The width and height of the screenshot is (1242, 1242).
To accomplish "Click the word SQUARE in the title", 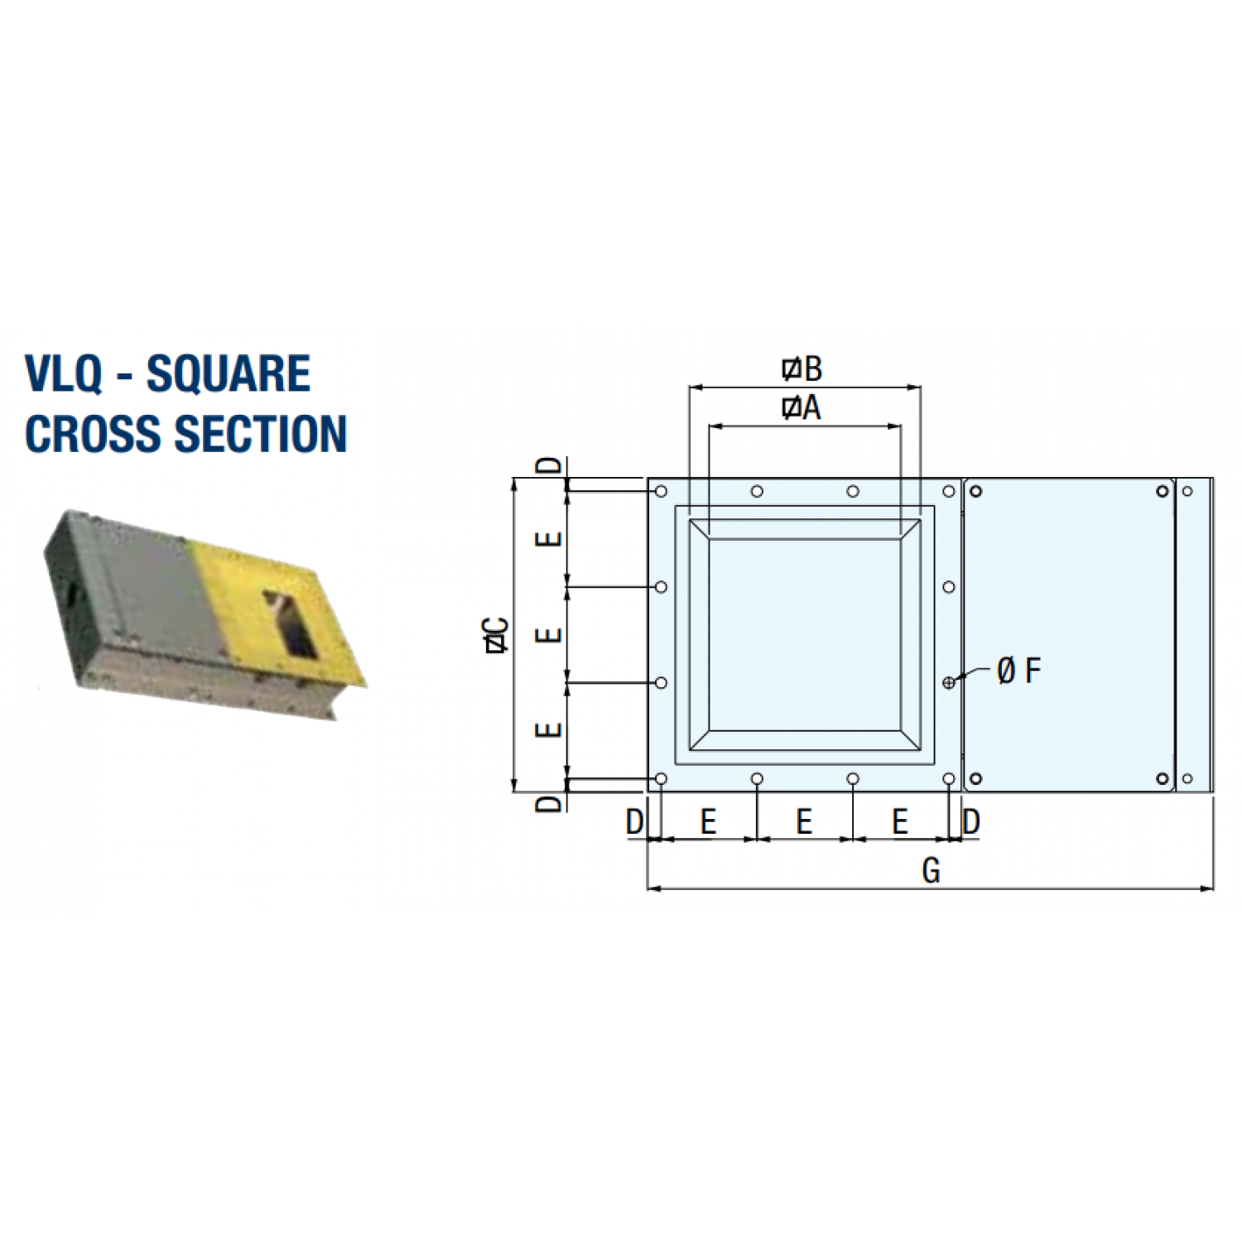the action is (x=229, y=373).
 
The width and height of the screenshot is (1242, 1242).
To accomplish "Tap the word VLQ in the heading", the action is (x=63, y=373).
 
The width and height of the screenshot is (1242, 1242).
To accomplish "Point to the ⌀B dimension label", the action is (x=802, y=369).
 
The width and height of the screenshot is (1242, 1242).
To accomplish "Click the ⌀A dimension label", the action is (x=802, y=407).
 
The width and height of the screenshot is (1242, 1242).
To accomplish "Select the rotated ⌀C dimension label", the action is (x=497, y=636).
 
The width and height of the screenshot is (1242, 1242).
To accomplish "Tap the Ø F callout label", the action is (x=1019, y=671).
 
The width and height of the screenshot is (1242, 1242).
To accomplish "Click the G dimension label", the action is (x=931, y=871).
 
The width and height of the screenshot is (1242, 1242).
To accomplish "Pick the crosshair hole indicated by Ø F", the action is (x=949, y=682).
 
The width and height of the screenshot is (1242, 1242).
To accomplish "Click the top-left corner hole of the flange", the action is (x=661, y=492).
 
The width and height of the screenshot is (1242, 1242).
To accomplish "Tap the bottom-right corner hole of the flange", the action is (x=949, y=779).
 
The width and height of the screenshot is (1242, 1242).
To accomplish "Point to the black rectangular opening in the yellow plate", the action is (x=289, y=623).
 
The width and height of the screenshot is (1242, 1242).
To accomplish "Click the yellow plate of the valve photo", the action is (x=277, y=613).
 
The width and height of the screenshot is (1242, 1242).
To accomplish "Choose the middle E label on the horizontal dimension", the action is (x=804, y=822).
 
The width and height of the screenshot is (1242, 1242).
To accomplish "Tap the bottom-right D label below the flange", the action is (x=971, y=822).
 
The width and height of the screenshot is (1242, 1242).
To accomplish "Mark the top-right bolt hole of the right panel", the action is (x=1163, y=492).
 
